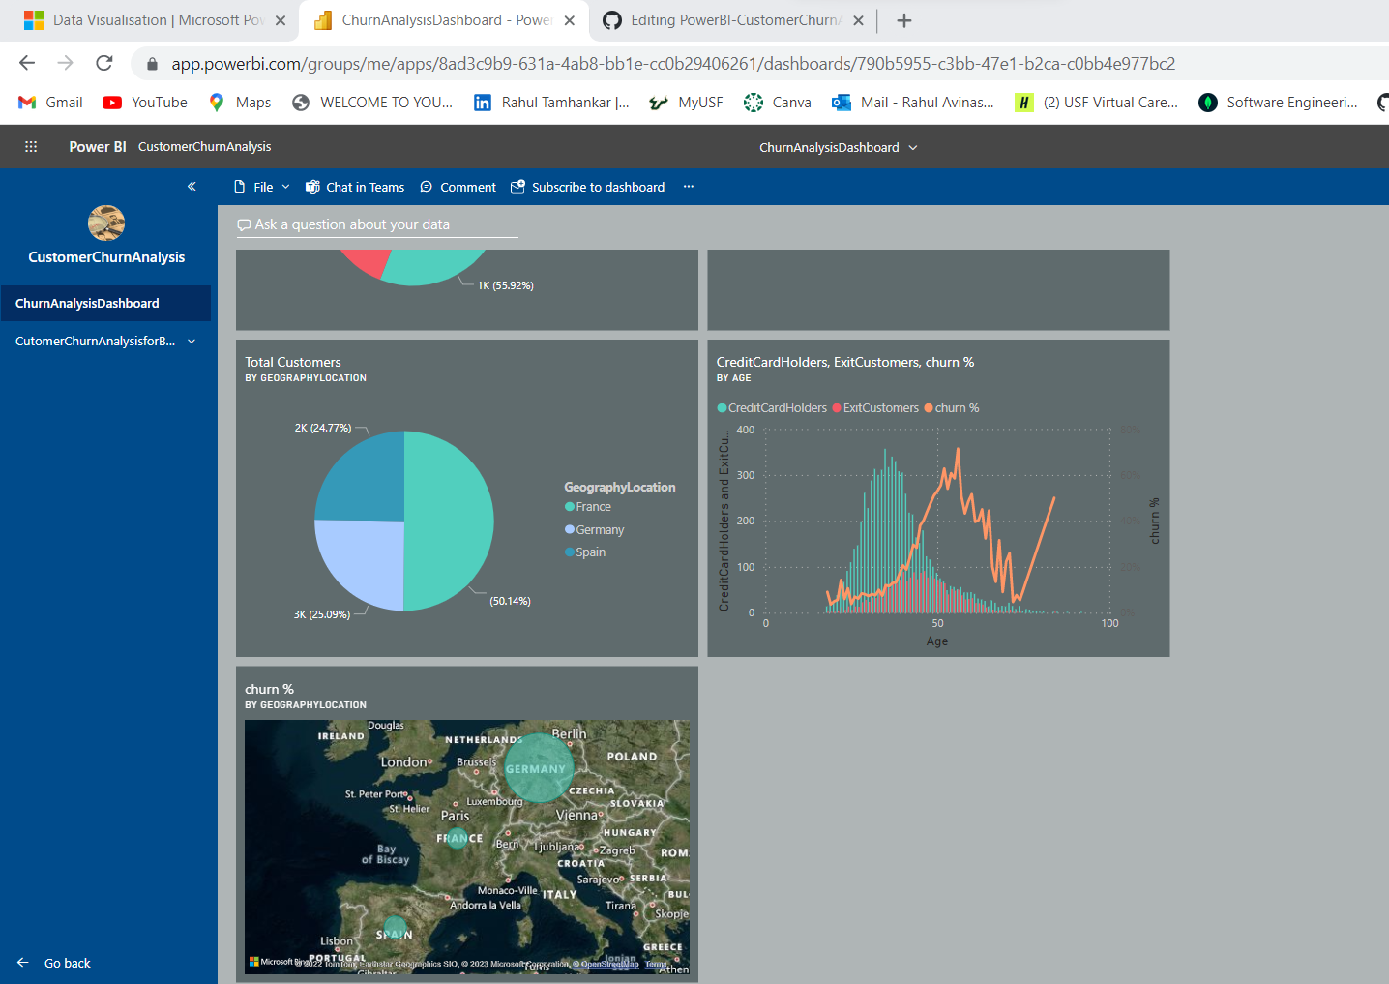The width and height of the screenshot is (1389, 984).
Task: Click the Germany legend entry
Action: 599,530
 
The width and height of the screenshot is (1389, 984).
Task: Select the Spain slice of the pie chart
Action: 360,476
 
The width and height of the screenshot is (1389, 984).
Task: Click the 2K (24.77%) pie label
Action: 323,428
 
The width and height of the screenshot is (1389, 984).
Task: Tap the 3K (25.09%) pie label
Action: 322,614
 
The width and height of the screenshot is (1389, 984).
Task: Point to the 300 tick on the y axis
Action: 746,475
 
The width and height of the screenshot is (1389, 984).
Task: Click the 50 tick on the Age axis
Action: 937,623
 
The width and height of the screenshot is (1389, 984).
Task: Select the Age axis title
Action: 937,641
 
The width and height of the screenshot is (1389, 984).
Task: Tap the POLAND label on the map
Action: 632,757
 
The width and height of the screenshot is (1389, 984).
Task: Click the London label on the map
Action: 404,762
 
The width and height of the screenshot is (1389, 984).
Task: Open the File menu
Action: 262,187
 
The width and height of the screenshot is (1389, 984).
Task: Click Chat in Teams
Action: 355,187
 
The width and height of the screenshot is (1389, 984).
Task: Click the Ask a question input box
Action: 377,224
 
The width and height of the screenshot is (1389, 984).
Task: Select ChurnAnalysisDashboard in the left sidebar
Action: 87,303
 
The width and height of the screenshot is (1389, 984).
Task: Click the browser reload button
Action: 104,64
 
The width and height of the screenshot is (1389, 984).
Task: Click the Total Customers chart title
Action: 293,362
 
